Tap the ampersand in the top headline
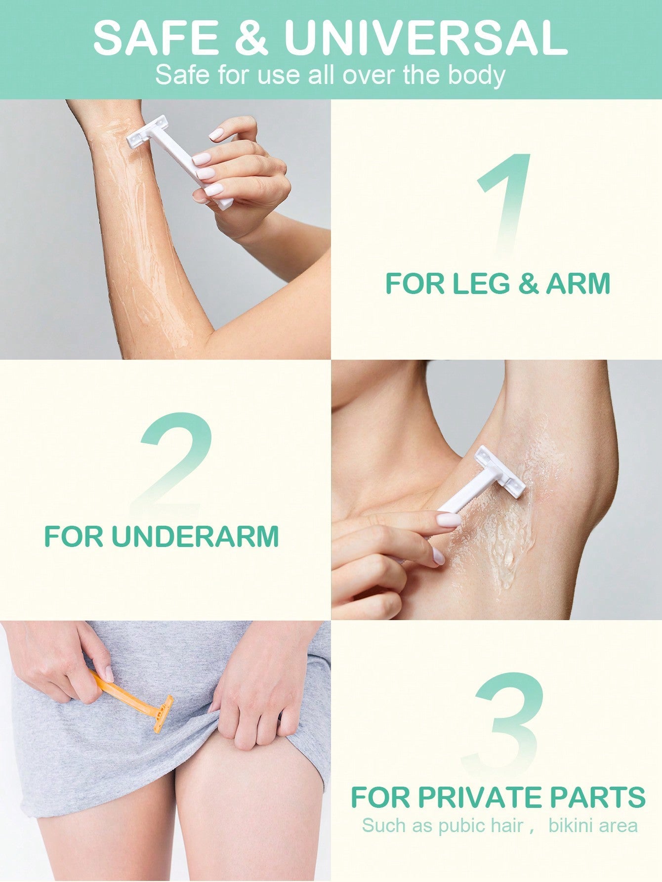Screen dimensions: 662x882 (251, 38)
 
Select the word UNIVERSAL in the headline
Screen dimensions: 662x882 (426, 38)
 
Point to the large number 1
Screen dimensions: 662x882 (504, 205)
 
